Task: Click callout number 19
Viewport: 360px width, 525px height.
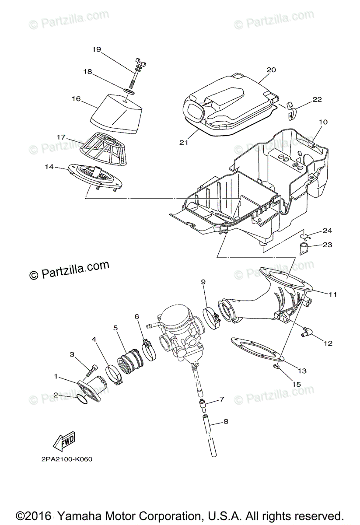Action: (x=96, y=49)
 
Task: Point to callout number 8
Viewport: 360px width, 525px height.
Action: (x=226, y=422)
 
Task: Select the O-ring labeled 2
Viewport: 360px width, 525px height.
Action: (x=81, y=399)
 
